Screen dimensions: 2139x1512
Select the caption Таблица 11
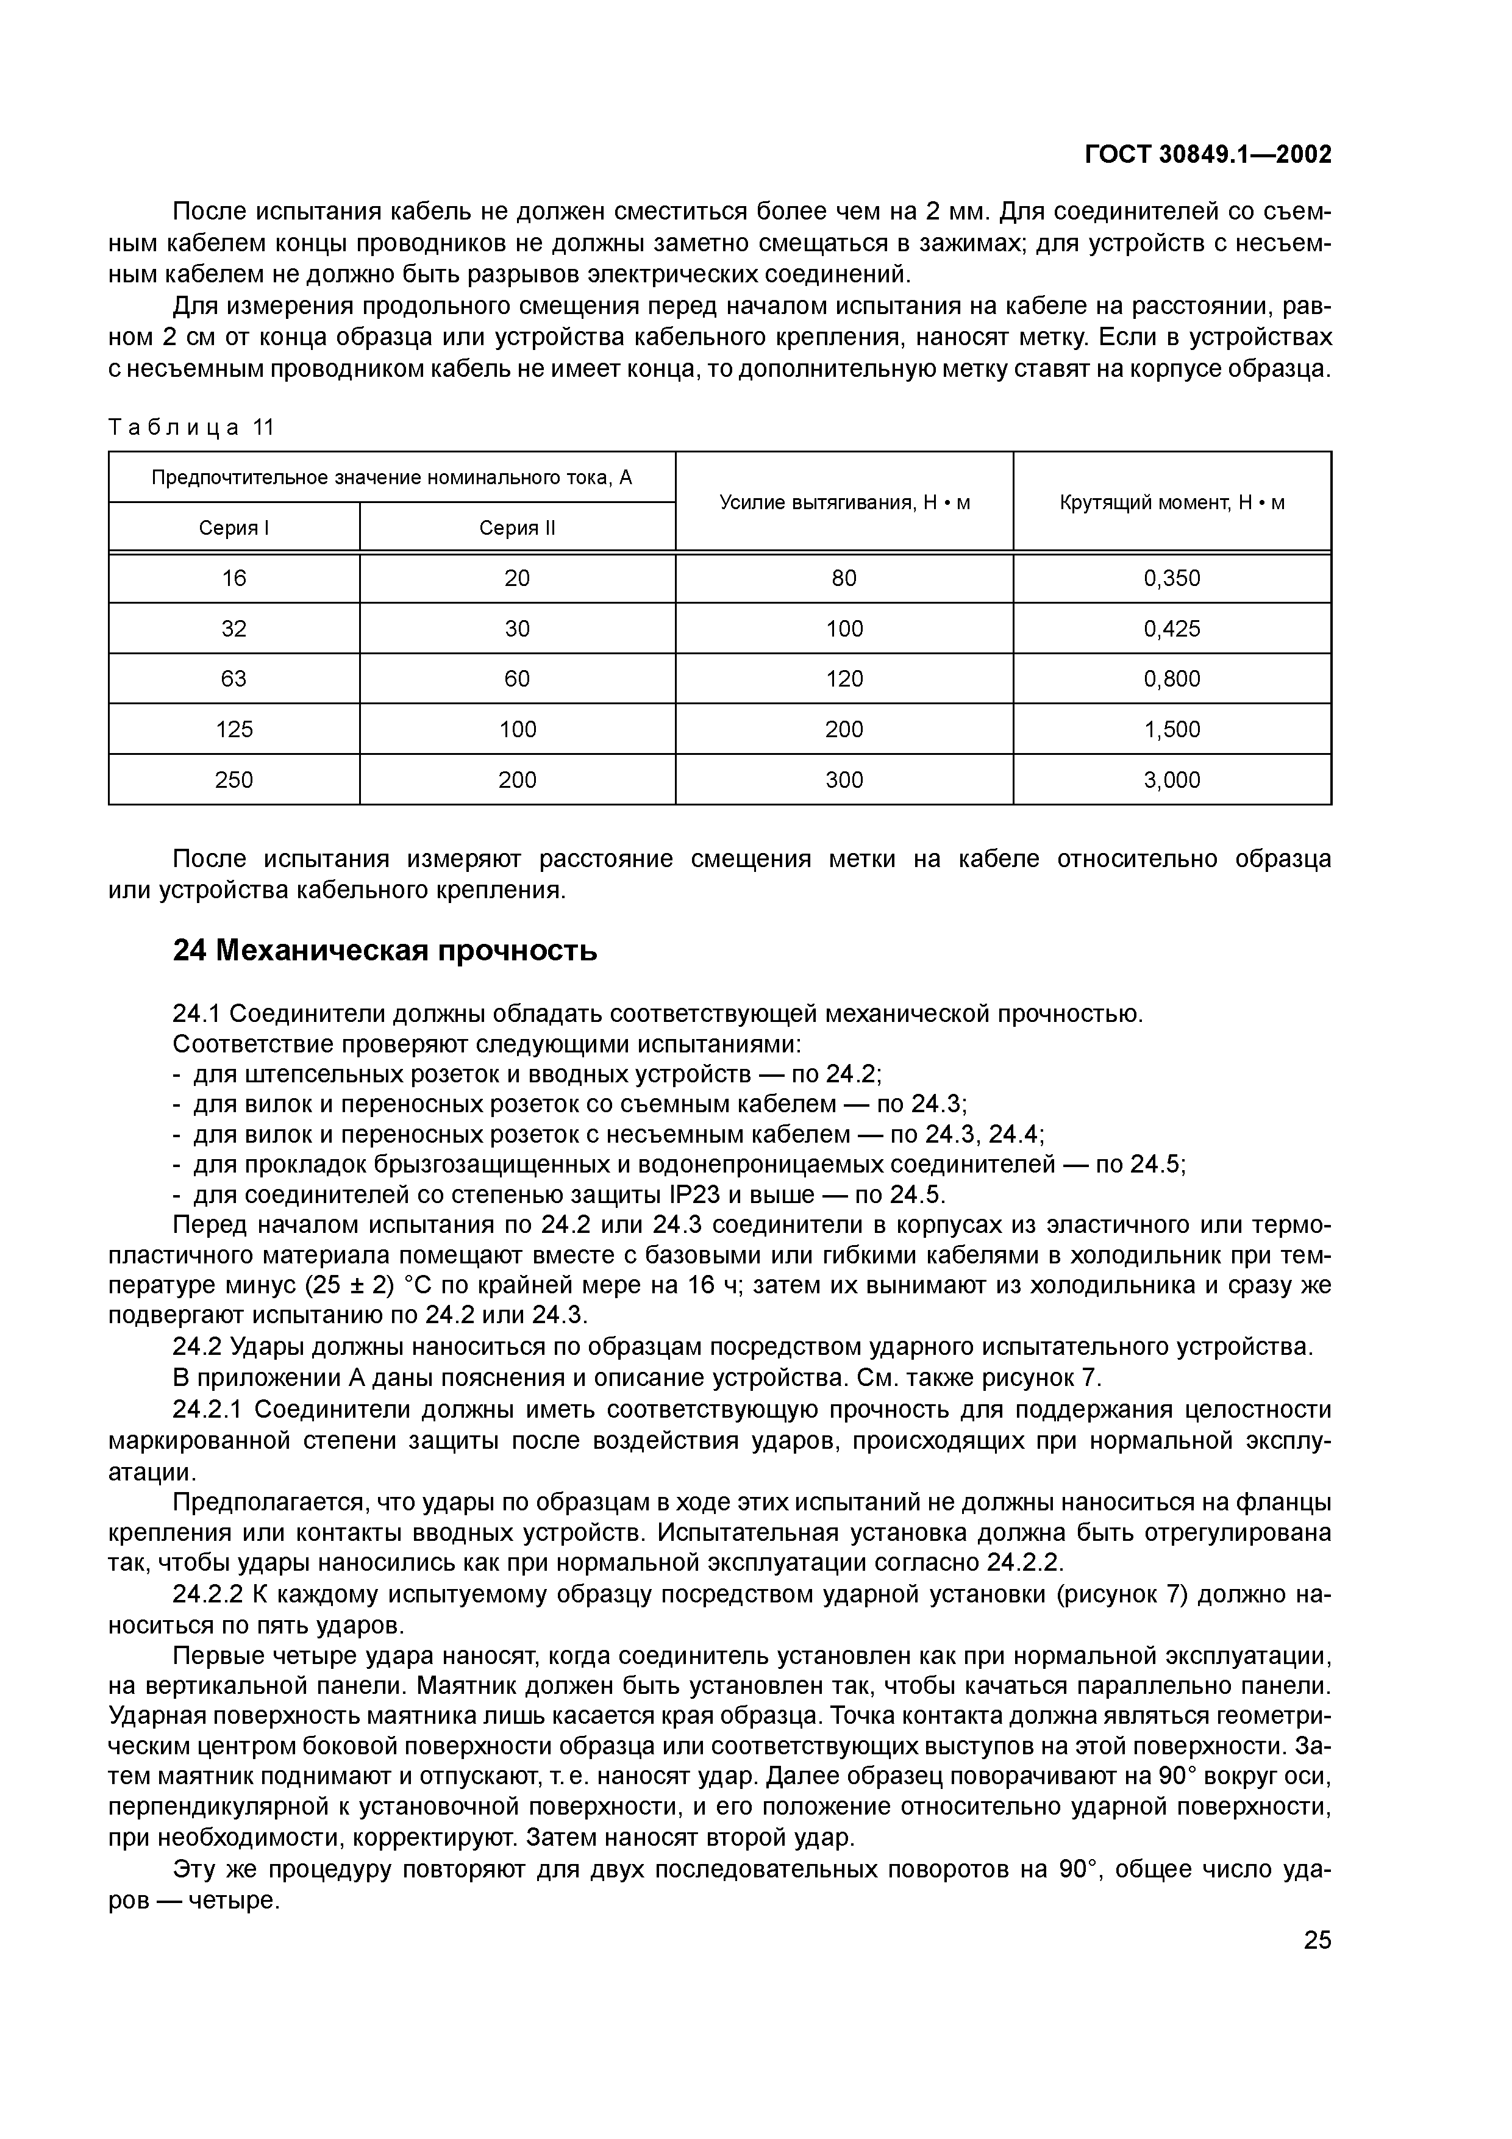(x=192, y=427)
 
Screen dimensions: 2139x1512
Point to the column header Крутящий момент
(x=1172, y=503)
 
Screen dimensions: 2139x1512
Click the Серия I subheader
(x=234, y=528)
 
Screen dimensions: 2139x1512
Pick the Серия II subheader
(x=517, y=528)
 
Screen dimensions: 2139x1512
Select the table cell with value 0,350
(x=1172, y=579)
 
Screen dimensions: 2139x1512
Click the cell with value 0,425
(x=1172, y=629)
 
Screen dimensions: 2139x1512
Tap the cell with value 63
(x=234, y=679)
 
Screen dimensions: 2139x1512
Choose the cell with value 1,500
(x=1172, y=729)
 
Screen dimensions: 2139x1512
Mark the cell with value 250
(x=234, y=780)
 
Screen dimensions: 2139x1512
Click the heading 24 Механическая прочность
(x=385, y=951)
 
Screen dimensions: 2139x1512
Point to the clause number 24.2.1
(x=210, y=1410)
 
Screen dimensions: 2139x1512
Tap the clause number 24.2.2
(x=210, y=1595)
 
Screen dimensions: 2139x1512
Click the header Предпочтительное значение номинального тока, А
(x=391, y=478)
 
